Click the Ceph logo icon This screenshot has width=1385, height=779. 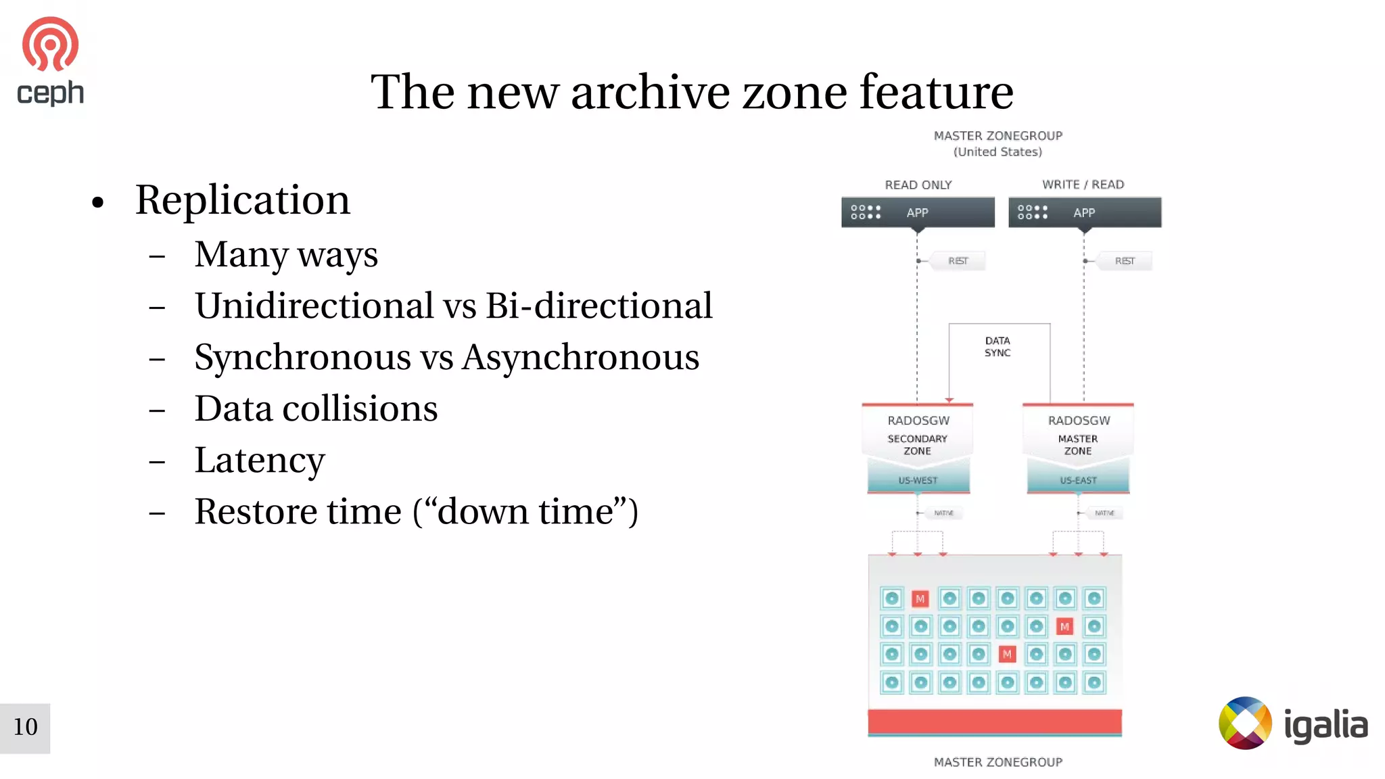click(x=50, y=45)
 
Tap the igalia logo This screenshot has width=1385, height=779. click(x=1292, y=724)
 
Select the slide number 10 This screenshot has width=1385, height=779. click(x=25, y=728)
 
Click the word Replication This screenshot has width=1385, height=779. click(x=242, y=200)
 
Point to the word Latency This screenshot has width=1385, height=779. click(x=260, y=461)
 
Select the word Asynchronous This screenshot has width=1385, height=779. click(x=581, y=357)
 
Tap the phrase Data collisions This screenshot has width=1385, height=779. click(x=316, y=409)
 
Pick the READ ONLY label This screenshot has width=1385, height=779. click(x=918, y=185)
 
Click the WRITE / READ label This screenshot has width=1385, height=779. click(x=1083, y=185)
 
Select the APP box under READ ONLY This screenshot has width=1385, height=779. click(x=918, y=212)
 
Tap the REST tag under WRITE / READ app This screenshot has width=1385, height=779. click(x=1124, y=261)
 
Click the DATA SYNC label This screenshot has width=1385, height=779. click(x=997, y=347)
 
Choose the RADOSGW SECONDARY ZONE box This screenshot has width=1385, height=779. click(x=918, y=436)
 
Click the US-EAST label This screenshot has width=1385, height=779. click(x=1078, y=481)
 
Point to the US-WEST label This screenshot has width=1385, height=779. click(x=918, y=481)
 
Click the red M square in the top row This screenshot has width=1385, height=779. click(x=920, y=599)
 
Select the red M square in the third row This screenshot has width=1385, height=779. click(x=1007, y=655)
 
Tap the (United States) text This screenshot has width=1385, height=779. click(x=997, y=152)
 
